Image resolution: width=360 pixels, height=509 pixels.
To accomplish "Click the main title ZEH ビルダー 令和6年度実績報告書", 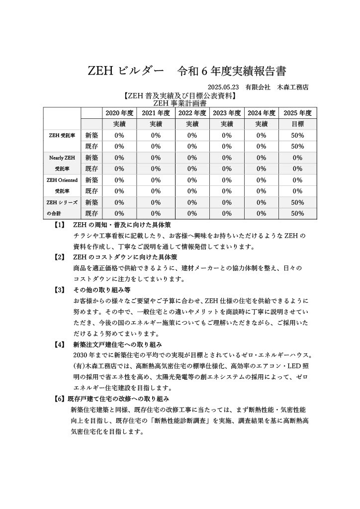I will pos(187,71).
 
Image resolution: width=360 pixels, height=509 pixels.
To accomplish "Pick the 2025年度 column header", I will pos(297,113).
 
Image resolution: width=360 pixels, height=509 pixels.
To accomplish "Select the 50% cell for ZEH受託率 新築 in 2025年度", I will pos(297,135).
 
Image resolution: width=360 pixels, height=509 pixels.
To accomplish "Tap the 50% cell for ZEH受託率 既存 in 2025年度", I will pos(297,146).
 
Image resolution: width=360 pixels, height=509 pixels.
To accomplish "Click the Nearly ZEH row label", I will pos(62,158).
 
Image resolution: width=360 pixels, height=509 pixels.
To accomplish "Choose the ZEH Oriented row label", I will pos(62,180).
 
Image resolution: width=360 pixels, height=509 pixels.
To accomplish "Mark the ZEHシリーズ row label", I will pos(62,202).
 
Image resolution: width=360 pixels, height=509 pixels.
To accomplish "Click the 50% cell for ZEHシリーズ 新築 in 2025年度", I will pos(297,202).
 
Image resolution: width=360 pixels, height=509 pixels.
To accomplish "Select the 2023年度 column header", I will pos(227,113).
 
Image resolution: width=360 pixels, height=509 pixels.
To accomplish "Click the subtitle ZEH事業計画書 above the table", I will pos(180,103).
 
